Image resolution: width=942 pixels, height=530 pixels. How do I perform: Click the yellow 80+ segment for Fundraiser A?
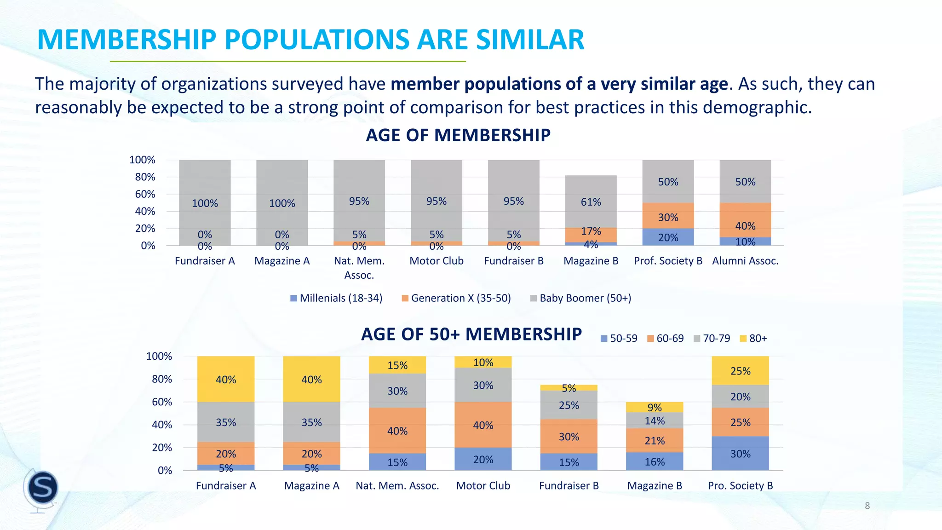pos(226,379)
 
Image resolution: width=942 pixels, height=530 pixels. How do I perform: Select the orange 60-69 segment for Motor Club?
pos(483,425)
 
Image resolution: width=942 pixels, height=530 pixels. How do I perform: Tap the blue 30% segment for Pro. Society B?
pos(740,453)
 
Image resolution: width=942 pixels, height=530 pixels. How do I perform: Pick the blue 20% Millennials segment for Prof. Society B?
pos(668,237)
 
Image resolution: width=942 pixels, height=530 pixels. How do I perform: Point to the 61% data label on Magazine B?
pos(591,202)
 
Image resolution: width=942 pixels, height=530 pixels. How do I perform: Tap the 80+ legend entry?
pos(753,339)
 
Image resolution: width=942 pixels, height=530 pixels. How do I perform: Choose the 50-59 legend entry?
pos(619,339)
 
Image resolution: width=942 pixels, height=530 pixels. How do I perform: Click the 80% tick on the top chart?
pos(145,177)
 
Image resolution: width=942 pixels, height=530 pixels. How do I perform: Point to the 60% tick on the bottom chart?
pos(161,402)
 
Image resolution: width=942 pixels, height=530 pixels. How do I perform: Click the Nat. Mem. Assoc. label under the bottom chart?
pos(397,486)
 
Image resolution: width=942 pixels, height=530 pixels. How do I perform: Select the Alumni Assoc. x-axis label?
pos(745,261)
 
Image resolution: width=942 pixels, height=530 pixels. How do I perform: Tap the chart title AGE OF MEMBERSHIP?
pos(458,135)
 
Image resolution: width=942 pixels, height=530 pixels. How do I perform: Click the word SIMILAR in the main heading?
pos(530,40)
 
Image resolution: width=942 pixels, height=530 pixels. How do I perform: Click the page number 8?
pos(867,506)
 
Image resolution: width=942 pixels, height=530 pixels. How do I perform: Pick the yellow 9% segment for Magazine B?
pos(655,407)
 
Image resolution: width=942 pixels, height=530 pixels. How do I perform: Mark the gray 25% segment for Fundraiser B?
pos(569,405)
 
